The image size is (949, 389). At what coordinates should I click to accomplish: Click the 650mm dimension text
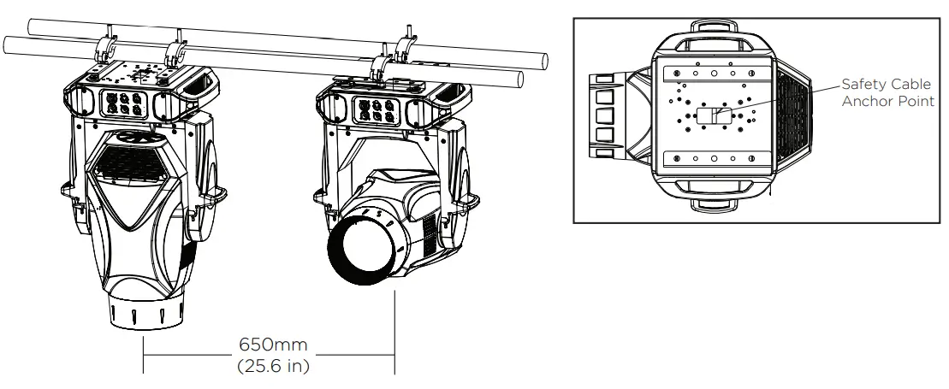(x=267, y=349)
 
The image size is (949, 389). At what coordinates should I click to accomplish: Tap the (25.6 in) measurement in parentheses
(x=267, y=368)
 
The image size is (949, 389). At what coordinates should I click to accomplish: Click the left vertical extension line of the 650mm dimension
(x=142, y=356)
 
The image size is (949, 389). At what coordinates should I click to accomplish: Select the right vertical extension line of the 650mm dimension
(x=394, y=333)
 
